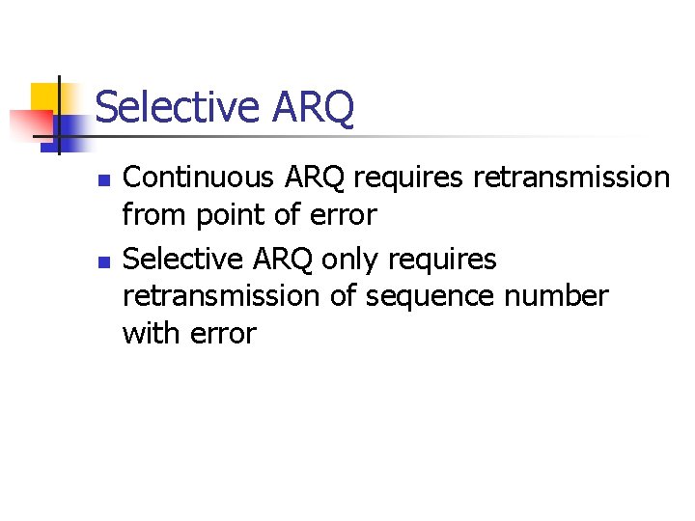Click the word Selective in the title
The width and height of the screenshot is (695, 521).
pyautogui.click(x=176, y=107)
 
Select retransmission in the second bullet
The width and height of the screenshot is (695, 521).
pyautogui.click(x=221, y=296)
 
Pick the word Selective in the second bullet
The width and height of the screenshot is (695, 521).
pyautogui.click(x=186, y=259)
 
